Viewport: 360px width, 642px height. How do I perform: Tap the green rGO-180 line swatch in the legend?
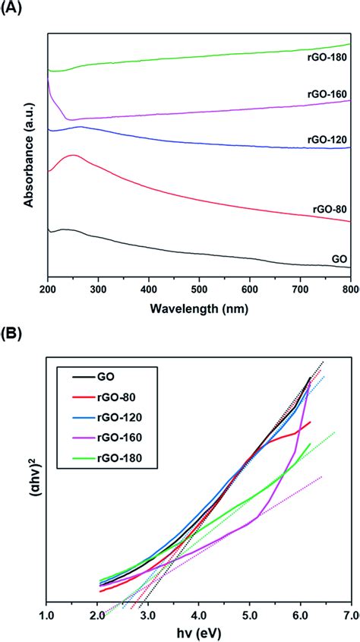tap(77, 457)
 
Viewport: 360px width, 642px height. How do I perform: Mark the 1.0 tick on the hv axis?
tap(47, 614)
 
